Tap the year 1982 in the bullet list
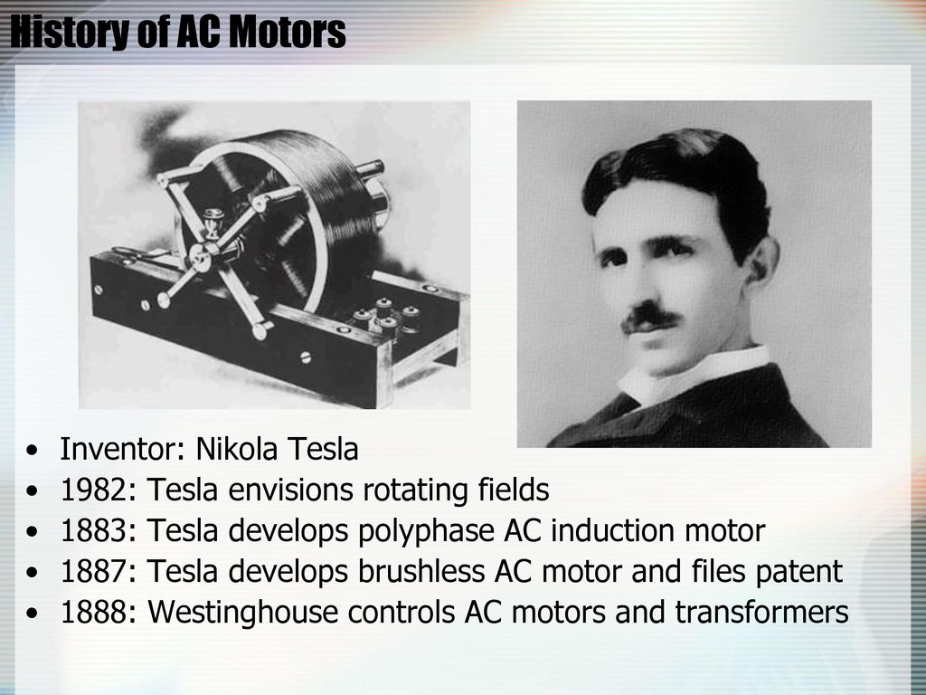tap(94, 490)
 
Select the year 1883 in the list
tap(94, 530)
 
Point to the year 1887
tap(94, 572)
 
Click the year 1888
tap(94, 613)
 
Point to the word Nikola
tap(236, 449)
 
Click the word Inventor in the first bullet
tap(119, 449)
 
